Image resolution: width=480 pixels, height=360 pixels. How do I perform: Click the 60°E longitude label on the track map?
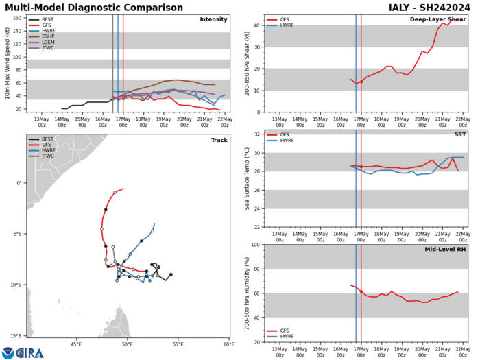click(x=227, y=345)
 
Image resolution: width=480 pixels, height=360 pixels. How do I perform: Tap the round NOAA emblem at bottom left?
click(x=8, y=352)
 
